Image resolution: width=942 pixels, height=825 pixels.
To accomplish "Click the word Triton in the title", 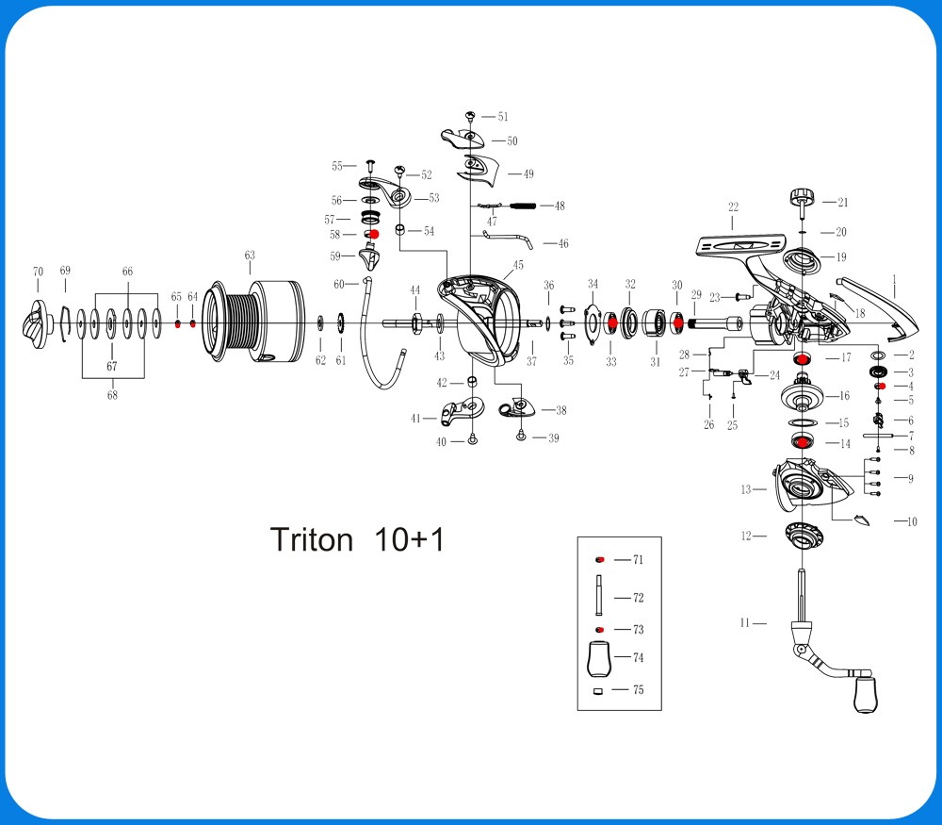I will pyautogui.click(x=312, y=540).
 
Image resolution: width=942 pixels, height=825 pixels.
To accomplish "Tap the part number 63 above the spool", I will pyautogui.click(x=250, y=256).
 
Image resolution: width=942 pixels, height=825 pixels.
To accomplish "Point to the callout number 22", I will pyautogui.click(x=733, y=206).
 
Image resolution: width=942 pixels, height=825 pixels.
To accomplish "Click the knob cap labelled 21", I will pyautogui.click(x=801, y=198).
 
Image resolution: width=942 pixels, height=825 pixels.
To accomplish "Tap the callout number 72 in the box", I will pyautogui.click(x=638, y=598).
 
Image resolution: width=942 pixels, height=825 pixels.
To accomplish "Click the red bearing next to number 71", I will pyautogui.click(x=598, y=560).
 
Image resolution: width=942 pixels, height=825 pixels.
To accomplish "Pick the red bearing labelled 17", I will pyautogui.click(x=802, y=358).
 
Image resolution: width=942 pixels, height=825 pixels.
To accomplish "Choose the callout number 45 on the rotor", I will pyautogui.click(x=518, y=266).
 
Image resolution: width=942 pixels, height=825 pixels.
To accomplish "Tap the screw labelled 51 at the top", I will pyautogui.click(x=470, y=116).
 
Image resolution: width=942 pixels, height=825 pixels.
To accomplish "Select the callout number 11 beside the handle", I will pyautogui.click(x=745, y=622).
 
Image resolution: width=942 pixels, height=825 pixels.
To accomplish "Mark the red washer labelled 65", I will pyautogui.click(x=177, y=323).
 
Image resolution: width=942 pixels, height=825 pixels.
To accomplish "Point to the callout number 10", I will pyautogui.click(x=911, y=521).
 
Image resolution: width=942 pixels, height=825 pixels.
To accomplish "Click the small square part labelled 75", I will pyautogui.click(x=598, y=691).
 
